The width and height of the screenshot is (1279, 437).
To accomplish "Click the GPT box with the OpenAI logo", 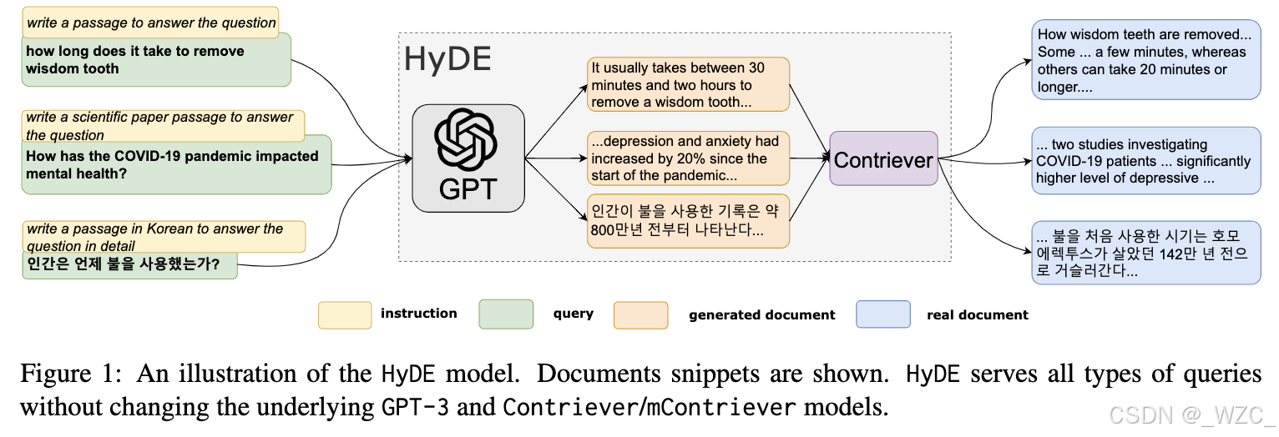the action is click(x=468, y=162).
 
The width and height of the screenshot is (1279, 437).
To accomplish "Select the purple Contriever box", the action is click(x=883, y=159).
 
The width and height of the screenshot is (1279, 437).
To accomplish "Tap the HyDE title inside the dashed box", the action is click(x=447, y=59).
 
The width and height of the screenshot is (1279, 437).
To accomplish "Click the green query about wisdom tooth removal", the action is click(x=156, y=61).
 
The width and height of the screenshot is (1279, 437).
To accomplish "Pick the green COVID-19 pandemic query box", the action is click(x=176, y=165).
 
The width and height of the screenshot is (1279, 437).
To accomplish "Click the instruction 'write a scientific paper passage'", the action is click(x=163, y=125).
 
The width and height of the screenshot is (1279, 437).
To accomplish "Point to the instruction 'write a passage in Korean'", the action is click(x=163, y=236).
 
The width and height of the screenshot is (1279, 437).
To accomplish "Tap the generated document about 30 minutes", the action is click(x=687, y=84).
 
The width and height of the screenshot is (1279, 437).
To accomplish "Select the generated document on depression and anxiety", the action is click(x=687, y=158).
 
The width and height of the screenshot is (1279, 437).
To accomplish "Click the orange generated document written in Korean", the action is click(x=687, y=220).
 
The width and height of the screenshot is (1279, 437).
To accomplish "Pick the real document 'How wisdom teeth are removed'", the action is click(x=1145, y=61).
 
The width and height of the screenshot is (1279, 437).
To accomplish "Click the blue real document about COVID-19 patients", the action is click(x=1145, y=161).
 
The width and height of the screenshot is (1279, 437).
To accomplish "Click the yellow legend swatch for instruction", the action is click(x=345, y=314).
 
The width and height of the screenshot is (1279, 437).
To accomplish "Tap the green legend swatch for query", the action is click(x=506, y=314).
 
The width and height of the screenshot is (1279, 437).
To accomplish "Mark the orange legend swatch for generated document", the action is click(x=640, y=314).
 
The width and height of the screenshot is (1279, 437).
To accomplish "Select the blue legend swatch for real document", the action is click(x=883, y=314).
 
